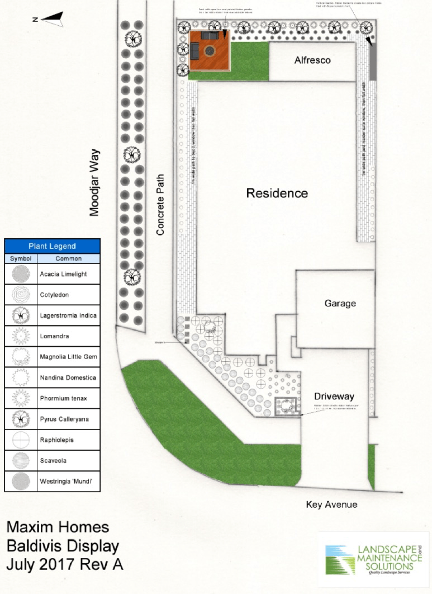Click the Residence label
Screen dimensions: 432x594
point(277,193)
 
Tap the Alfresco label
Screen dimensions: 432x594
point(312,60)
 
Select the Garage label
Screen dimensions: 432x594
point(340,303)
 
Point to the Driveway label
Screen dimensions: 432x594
point(334,396)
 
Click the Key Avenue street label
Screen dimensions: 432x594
point(331,504)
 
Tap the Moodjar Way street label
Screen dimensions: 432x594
point(94,183)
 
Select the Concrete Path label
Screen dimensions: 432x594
point(160,205)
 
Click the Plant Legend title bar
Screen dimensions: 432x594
point(52,246)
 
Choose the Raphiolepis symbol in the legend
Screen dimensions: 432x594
point(20,440)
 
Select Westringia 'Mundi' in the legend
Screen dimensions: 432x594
point(66,481)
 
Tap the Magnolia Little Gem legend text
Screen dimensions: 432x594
point(68,357)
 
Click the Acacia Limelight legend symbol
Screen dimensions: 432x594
point(20,274)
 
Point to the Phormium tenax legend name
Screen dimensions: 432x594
point(63,398)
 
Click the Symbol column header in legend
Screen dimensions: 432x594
point(20,259)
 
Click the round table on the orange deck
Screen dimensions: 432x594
point(210,51)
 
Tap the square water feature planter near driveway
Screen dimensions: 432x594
point(286,407)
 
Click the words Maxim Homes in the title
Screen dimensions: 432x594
point(58,527)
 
